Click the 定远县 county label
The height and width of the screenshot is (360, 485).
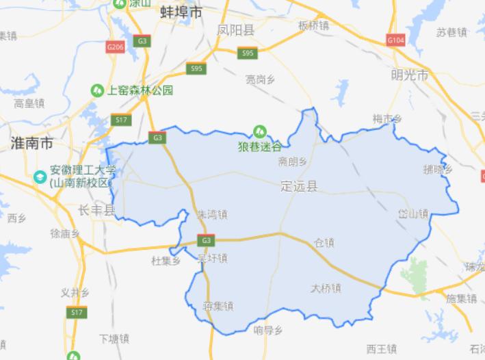point(299,186)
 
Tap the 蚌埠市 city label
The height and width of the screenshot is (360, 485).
point(181,13)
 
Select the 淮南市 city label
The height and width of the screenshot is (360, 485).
point(31,143)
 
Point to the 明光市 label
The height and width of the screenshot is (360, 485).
point(410,75)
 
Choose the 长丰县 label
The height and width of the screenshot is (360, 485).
point(96,210)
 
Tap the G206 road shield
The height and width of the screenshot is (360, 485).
point(115,47)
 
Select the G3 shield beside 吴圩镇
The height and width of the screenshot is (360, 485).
point(205,240)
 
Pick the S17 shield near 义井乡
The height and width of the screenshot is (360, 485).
point(77,312)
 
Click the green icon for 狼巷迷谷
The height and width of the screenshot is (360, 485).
point(259,130)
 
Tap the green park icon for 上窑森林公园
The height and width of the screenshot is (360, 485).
point(98,90)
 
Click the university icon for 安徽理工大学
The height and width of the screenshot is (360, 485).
point(40,177)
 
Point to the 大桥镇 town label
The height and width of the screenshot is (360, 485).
point(326,288)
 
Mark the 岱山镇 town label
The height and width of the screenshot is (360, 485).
point(412,214)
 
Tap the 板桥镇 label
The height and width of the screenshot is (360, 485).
point(313,25)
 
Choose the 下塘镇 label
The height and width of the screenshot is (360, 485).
point(114,339)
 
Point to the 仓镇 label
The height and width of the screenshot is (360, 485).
point(324,242)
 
